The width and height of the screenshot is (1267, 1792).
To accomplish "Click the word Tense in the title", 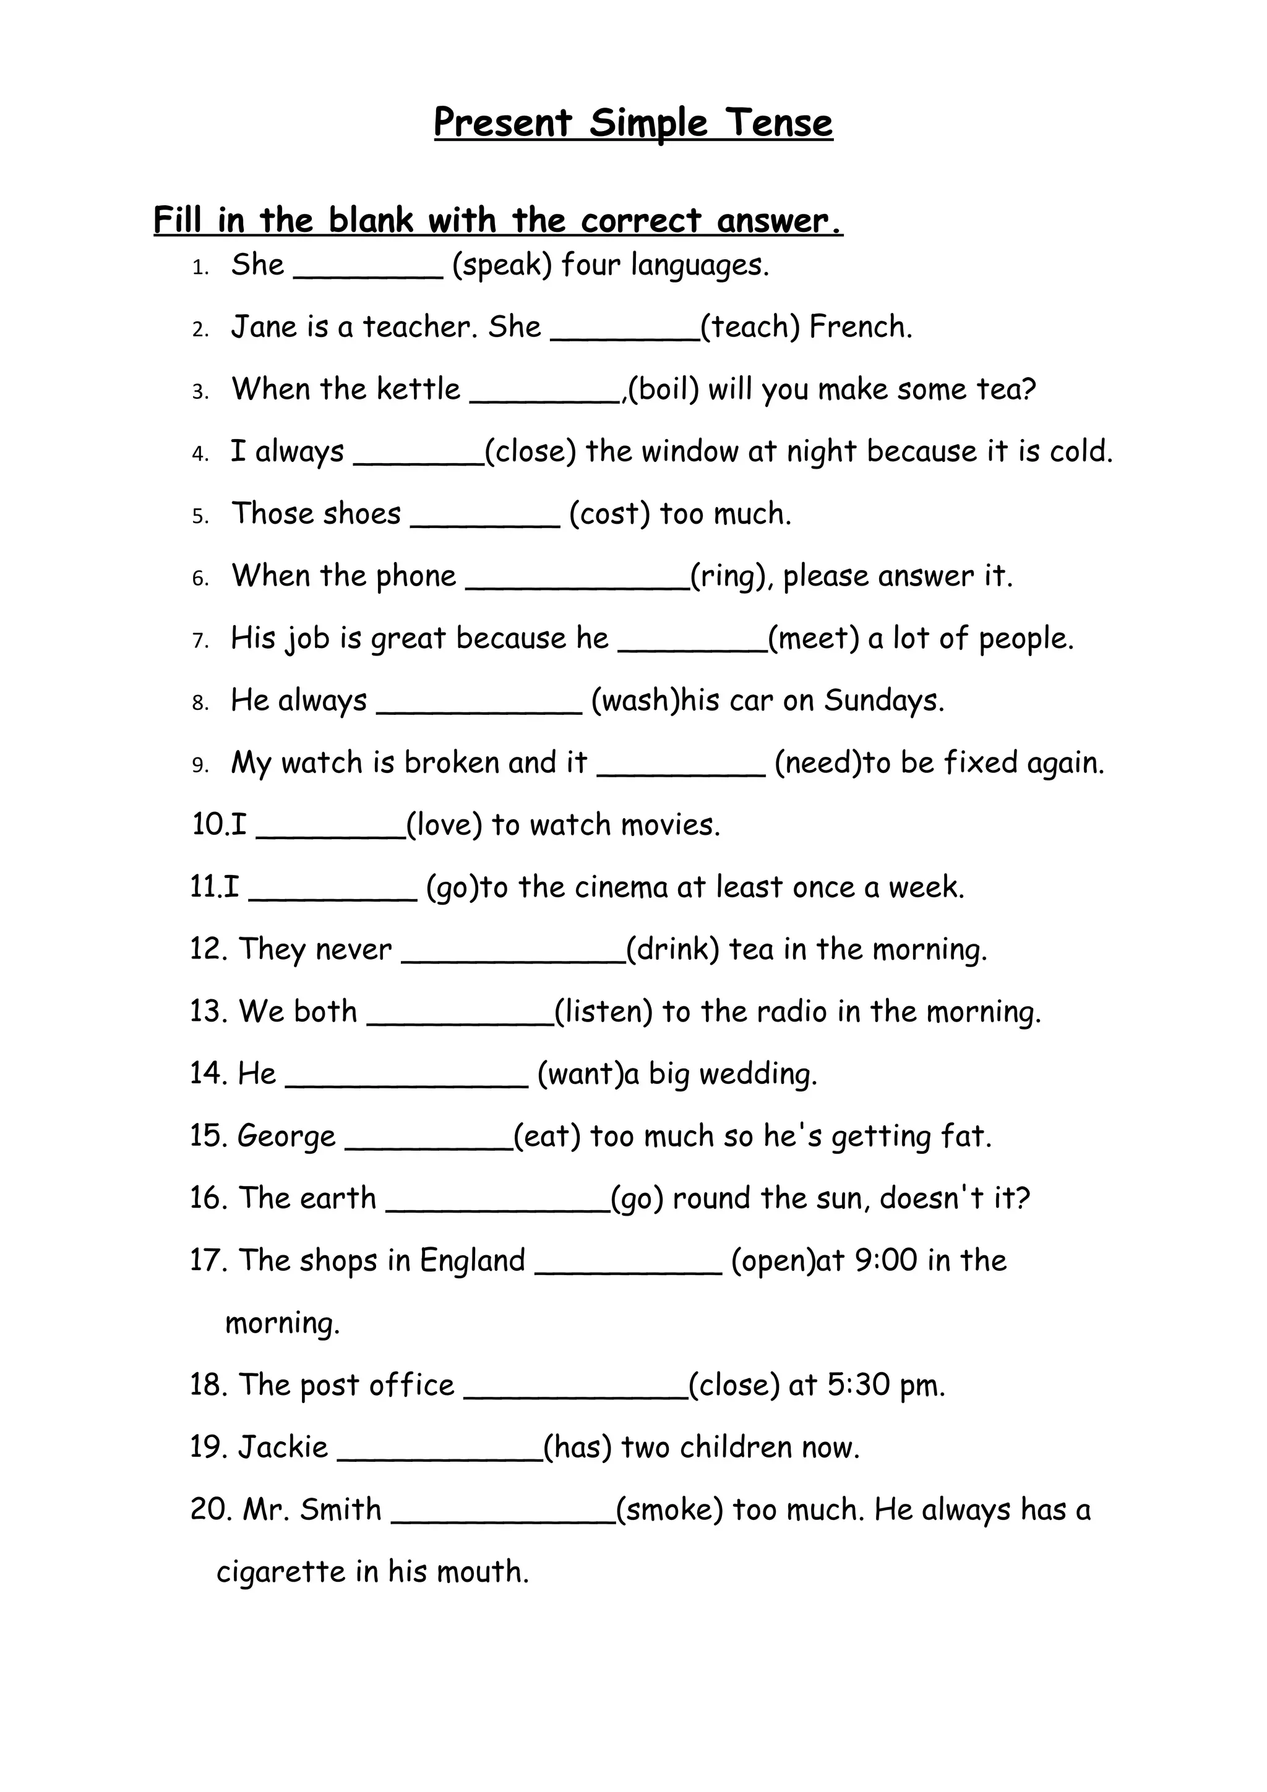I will click(x=778, y=123).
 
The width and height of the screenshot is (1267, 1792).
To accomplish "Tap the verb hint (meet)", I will click(x=814, y=638).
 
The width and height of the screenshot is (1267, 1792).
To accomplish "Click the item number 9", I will click(x=200, y=764).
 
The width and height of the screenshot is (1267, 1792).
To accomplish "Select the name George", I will click(x=286, y=1137).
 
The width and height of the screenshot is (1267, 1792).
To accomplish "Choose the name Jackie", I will click(x=283, y=1447).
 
